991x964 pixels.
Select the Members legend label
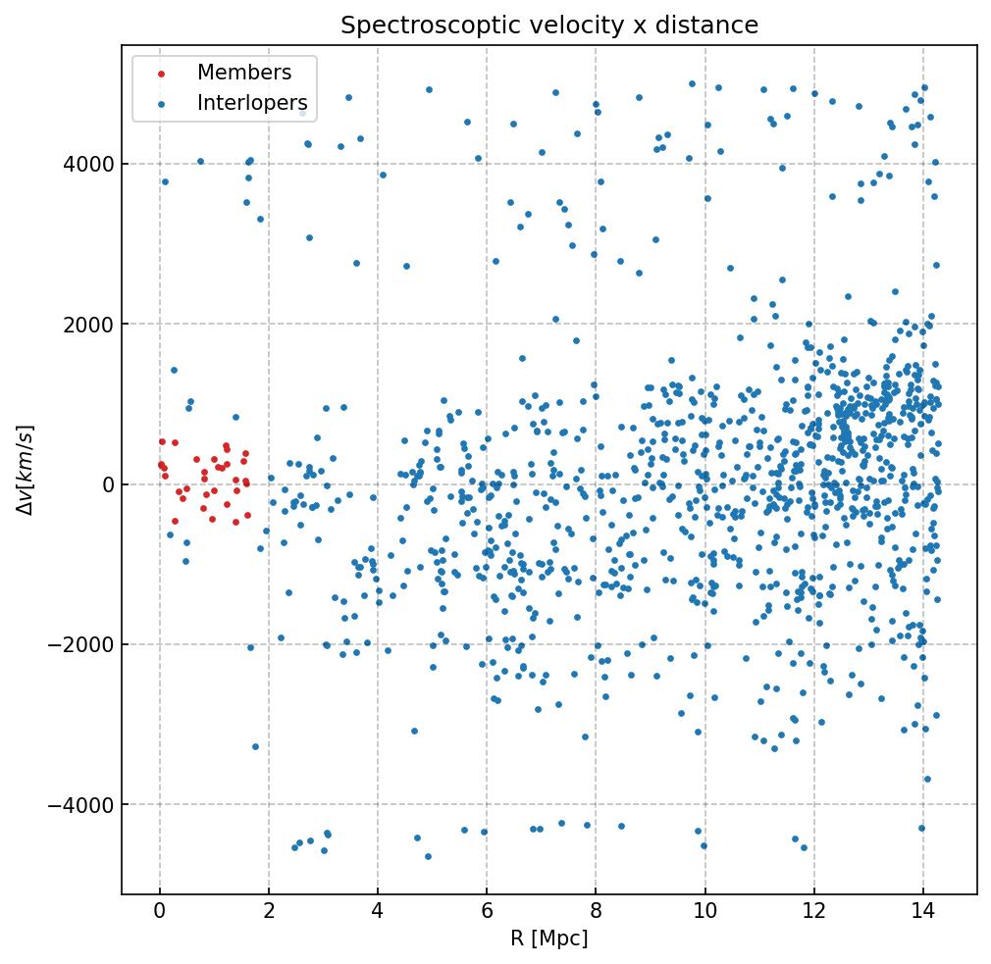[x=244, y=73]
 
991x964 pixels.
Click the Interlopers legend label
[x=252, y=103]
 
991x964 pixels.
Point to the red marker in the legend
[x=161, y=74]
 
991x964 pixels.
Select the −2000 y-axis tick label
[x=82, y=644]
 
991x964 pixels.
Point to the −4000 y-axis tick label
[x=82, y=805]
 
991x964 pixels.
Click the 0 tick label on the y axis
[x=106, y=484]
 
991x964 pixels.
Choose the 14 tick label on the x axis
[x=922, y=912]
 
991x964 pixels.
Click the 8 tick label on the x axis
[x=596, y=912]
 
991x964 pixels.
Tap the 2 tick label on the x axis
[x=269, y=912]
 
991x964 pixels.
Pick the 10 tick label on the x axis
[x=704, y=912]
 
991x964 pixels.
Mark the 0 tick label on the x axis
[x=160, y=912]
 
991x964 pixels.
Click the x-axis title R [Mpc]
[x=548, y=939]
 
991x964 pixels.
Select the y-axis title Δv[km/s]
[x=26, y=470]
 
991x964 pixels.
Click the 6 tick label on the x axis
[x=487, y=912]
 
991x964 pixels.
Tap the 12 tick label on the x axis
[x=813, y=912]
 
